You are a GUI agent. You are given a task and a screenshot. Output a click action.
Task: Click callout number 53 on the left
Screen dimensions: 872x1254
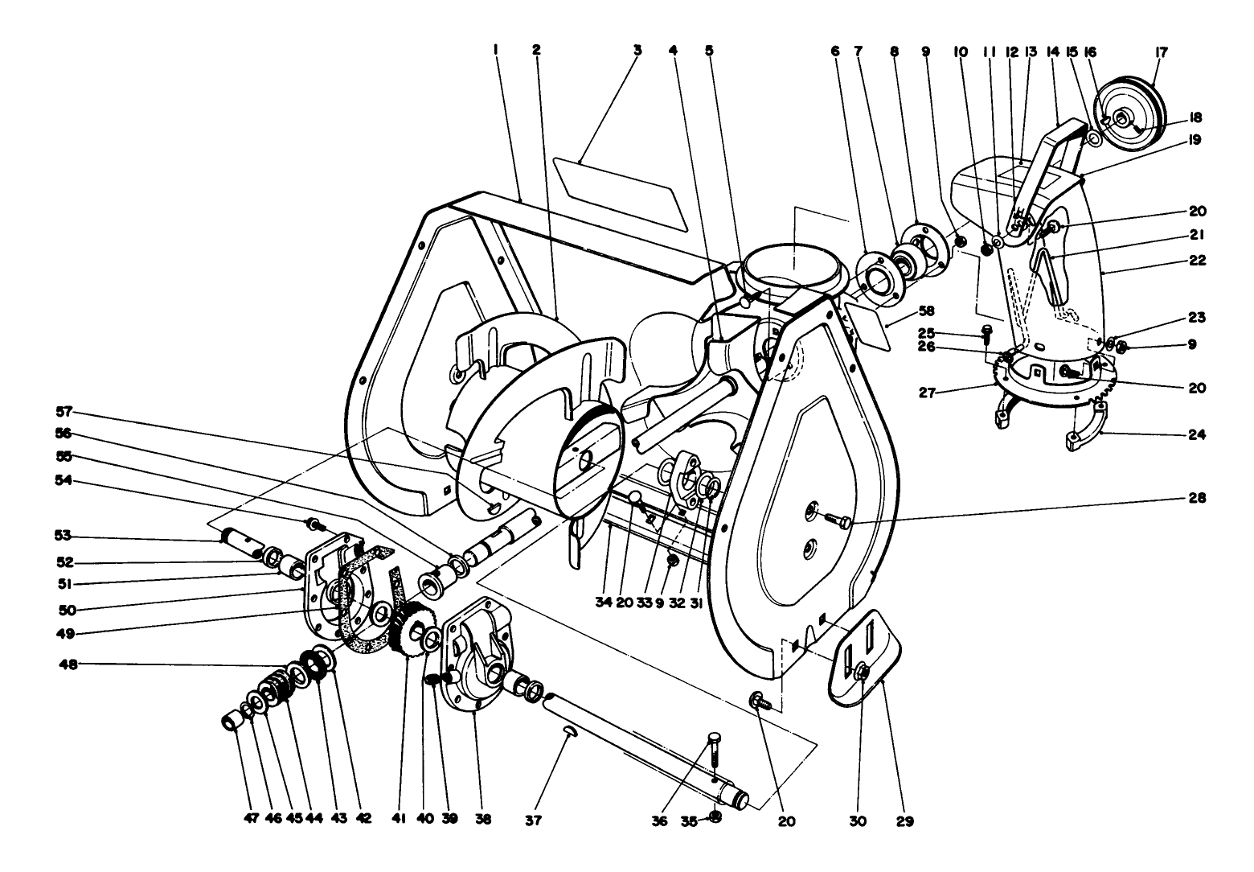(64, 535)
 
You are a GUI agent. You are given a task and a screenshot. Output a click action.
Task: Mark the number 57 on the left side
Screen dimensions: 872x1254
(64, 411)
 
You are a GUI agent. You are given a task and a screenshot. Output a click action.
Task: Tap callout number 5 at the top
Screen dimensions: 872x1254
(709, 50)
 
